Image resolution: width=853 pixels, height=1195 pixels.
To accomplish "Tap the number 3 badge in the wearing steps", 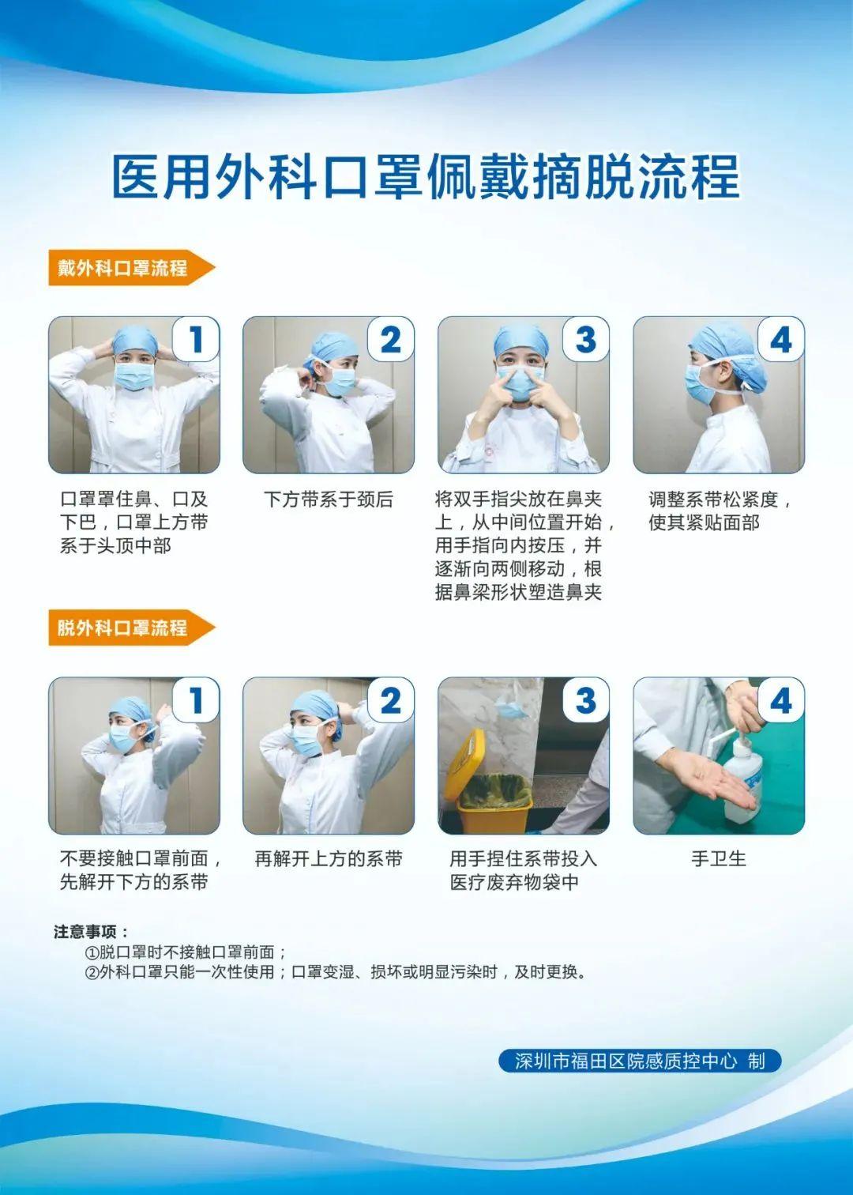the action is pyautogui.click(x=586, y=339).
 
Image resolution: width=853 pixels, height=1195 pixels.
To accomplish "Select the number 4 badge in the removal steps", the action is pyautogui.click(x=781, y=700).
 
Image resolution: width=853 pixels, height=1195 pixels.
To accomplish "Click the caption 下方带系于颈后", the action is pyautogui.click(x=329, y=499).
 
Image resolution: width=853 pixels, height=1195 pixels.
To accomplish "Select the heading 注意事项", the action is pyautogui.click(x=91, y=932).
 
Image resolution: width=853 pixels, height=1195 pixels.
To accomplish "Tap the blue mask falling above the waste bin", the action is pyautogui.click(x=511, y=707).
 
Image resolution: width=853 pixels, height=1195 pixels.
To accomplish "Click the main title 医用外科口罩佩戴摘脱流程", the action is pyautogui.click(x=426, y=177).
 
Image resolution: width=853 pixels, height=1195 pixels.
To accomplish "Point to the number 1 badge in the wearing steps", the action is pyautogui.click(x=196, y=339).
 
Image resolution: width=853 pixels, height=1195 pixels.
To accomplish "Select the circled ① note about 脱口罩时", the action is pyautogui.click(x=186, y=952).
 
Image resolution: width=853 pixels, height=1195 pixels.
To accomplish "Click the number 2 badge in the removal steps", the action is pyautogui.click(x=391, y=700).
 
